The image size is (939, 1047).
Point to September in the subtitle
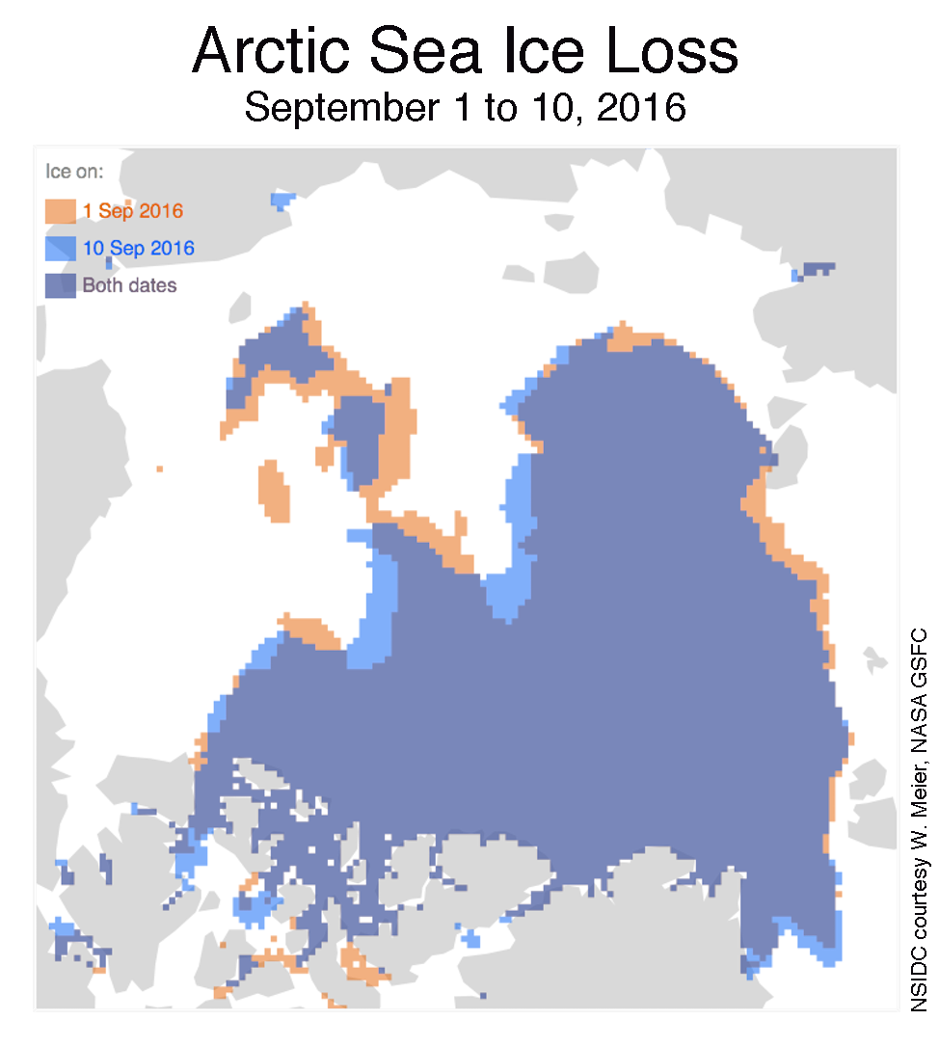click(339, 108)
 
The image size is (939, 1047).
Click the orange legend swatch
click(60, 211)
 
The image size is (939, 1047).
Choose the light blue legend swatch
click(60, 249)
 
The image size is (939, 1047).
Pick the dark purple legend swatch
click(60, 285)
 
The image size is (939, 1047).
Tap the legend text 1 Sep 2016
click(132, 211)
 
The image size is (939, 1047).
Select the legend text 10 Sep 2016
click(138, 249)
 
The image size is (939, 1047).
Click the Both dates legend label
click(129, 285)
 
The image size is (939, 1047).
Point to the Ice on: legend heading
click(75, 173)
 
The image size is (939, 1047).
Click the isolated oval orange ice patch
click(274, 491)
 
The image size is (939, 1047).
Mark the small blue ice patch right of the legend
click(282, 201)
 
